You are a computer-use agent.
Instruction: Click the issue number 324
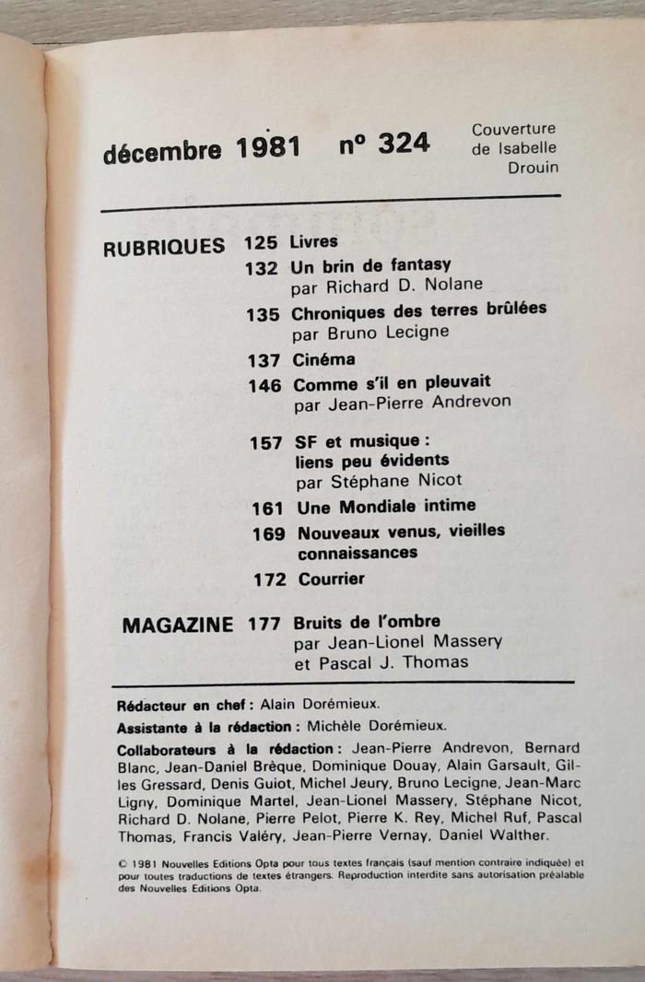403,144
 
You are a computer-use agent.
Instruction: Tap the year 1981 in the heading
267,148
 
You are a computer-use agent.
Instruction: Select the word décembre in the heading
162,152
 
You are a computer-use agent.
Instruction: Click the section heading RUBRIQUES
164,247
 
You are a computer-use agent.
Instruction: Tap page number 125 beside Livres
261,243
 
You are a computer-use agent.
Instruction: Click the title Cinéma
323,358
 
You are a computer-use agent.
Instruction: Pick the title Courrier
332,579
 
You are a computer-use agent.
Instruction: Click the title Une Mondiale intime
386,506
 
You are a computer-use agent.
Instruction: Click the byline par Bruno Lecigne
371,333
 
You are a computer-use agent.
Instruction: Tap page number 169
268,533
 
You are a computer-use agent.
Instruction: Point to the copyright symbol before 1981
123,863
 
